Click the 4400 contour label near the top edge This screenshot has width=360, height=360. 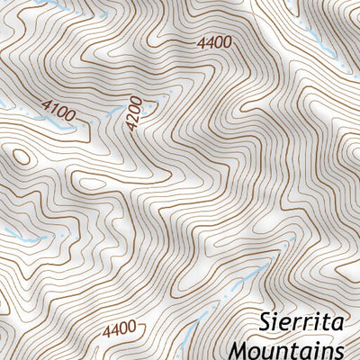click(x=213, y=42)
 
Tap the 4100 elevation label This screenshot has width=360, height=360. click(x=58, y=111)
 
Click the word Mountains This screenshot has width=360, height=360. click(x=289, y=347)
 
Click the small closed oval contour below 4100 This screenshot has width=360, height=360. click(x=22, y=157)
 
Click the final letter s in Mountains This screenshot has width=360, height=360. click(x=338, y=348)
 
